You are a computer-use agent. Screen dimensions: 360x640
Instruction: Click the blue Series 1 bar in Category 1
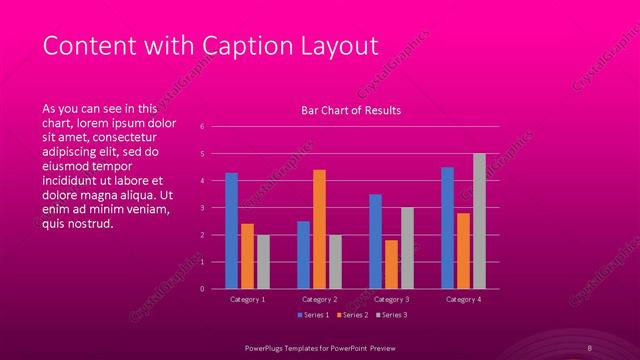pyautogui.click(x=231, y=230)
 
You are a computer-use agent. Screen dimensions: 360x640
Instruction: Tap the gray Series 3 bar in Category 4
pyautogui.click(x=479, y=221)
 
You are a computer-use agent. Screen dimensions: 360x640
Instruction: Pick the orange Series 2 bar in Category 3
pyautogui.click(x=391, y=264)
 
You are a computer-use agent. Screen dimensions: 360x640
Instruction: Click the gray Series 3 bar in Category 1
pyautogui.click(x=263, y=261)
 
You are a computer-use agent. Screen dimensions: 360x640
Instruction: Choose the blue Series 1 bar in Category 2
pyautogui.click(x=303, y=255)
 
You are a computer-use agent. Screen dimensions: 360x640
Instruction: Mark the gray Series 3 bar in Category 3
pyautogui.click(x=407, y=248)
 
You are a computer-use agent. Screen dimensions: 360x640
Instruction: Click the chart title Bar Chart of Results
pyautogui.click(x=351, y=111)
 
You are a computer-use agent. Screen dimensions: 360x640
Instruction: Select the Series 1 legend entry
pyautogui.click(x=318, y=315)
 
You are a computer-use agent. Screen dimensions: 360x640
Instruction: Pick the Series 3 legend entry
pyautogui.click(x=391, y=315)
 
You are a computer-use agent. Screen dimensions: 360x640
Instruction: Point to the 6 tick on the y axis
pyautogui.click(x=202, y=127)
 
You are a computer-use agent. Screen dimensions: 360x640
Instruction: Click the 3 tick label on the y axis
pyautogui.click(x=202, y=208)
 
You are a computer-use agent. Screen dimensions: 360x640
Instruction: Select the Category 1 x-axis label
pyautogui.click(x=247, y=299)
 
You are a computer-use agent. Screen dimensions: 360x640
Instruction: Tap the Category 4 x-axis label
pyautogui.click(x=463, y=299)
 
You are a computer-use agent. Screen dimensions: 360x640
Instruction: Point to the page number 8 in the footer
pyautogui.click(x=590, y=347)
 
